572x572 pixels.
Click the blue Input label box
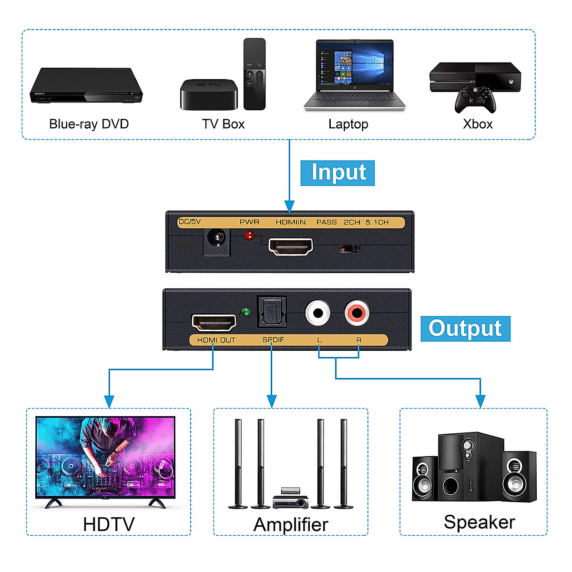pyautogui.click(x=337, y=173)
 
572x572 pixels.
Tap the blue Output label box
pyautogui.click(x=465, y=328)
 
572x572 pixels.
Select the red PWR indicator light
pyautogui.click(x=249, y=235)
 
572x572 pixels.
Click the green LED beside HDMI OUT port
pyautogui.click(x=245, y=313)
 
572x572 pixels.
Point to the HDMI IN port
pyautogui.click(x=290, y=247)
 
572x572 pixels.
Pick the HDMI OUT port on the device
pyautogui.click(x=214, y=323)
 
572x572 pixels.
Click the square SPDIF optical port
pyautogui.click(x=272, y=312)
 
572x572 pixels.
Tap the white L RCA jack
pyautogui.click(x=317, y=313)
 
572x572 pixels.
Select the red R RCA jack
pyautogui.click(x=357, y=313)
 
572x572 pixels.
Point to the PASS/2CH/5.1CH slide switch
pyautogui.click(x=349, y=249)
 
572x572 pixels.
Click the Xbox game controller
pyautogui.click(x=475, y=100)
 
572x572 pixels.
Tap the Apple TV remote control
pyautogui.click(x=255, y=74)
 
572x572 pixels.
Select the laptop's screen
pyautogui.click(x=355, y=64)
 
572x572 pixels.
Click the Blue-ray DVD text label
pyautogui.click(x=89, y=124)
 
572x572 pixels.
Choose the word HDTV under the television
pyautogui.click(x=109, y=524)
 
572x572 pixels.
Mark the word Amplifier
pyautogui.click(x=291, y=525)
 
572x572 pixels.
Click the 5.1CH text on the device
pyautogui.click(x=377, y=222)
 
